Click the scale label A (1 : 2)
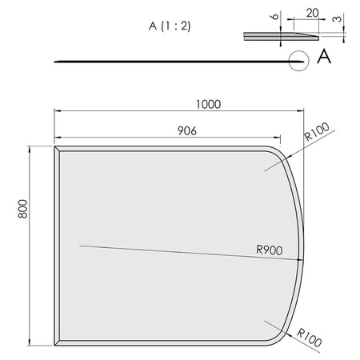[170, 26]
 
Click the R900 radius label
[270, 249]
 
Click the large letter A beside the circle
[324, 56]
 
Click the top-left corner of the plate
[55, 147]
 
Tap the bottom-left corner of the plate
[55, 343]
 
